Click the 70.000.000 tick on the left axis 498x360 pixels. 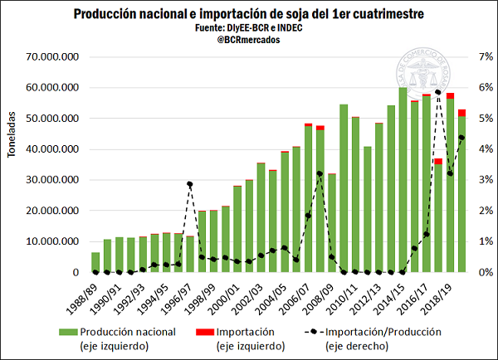[51, 57]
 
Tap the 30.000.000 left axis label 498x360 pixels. [51, 180]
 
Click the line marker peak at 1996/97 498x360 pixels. [190, 184]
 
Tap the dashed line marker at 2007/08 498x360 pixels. [320, 174]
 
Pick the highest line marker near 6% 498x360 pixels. [438, 92]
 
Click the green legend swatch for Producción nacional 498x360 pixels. [70, 332]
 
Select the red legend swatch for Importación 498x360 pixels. [201, 332]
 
